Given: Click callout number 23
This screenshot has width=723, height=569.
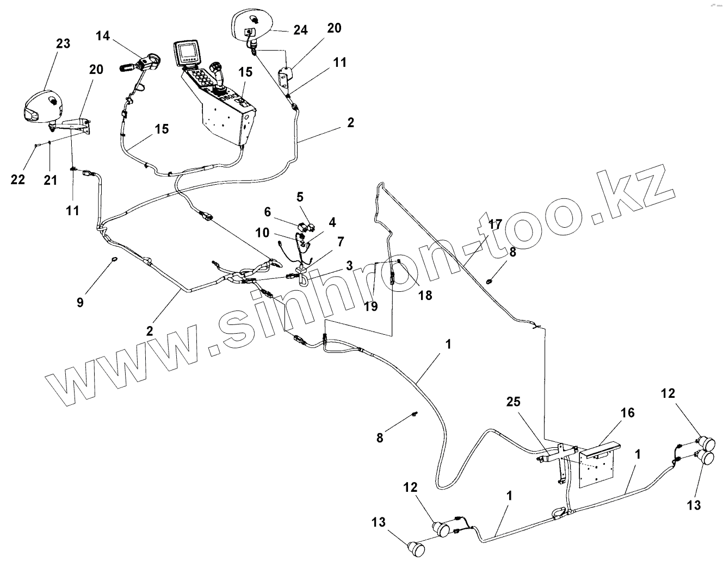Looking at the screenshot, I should pyautogui.click(x=63, y=43).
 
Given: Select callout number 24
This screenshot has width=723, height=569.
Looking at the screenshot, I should pyautogui.click(x=300, y=30).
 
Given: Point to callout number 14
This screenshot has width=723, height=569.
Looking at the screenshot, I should pyautogui.click(x=103, y=36).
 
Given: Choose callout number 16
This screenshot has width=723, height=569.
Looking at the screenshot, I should pyautogui.click(x=627, y=413).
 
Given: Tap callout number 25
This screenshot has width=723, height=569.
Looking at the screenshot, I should pyautogui.click(x=513, y=402).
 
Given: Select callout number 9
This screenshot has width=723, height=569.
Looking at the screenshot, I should pyautogui.click(x=80, y=303).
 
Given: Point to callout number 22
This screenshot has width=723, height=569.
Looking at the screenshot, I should pyautogui.click(x=18, y=179).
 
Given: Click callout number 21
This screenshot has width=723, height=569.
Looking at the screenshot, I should pyautogui.click(x=50, y=179).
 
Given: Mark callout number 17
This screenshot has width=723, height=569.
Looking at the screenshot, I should pyautogui.click(x=495, y=224).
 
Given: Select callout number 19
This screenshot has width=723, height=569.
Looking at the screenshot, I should pyautogui.click(x=370, y=307).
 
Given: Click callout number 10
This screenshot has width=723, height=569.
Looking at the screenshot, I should pyautogui.click(x=263, y=233).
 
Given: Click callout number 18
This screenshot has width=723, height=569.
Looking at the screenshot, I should pyautogui.click(x=425, y=295).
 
